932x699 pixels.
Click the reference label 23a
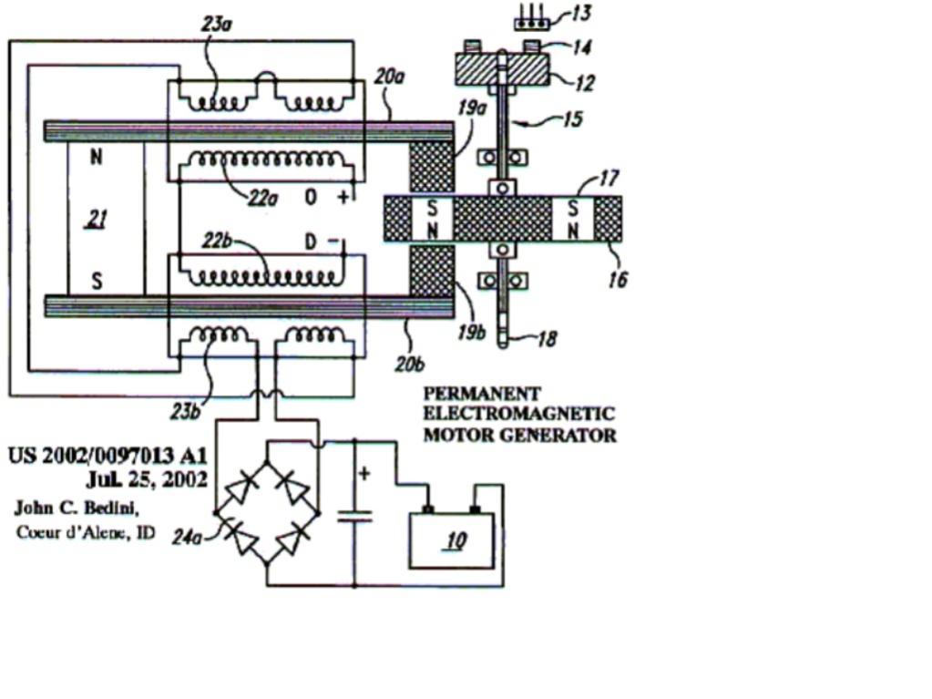(217, 25)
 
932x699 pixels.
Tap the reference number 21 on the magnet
(97, 220)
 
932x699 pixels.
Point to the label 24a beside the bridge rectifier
(187, 538)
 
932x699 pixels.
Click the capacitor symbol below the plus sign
(354, 516)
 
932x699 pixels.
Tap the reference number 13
(580, 13)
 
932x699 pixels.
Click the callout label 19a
(472, 108)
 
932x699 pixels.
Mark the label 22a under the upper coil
(262, 199)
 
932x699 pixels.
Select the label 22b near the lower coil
(217, 242)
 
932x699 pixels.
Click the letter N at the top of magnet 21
(97, 157)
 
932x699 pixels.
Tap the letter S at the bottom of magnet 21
(97, 280)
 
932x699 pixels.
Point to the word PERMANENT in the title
(482, 394)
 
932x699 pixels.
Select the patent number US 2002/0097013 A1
(108, 456)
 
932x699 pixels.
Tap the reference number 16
(618, 280)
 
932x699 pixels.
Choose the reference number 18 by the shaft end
(548, 339)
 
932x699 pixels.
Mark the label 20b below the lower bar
(410, 364)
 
